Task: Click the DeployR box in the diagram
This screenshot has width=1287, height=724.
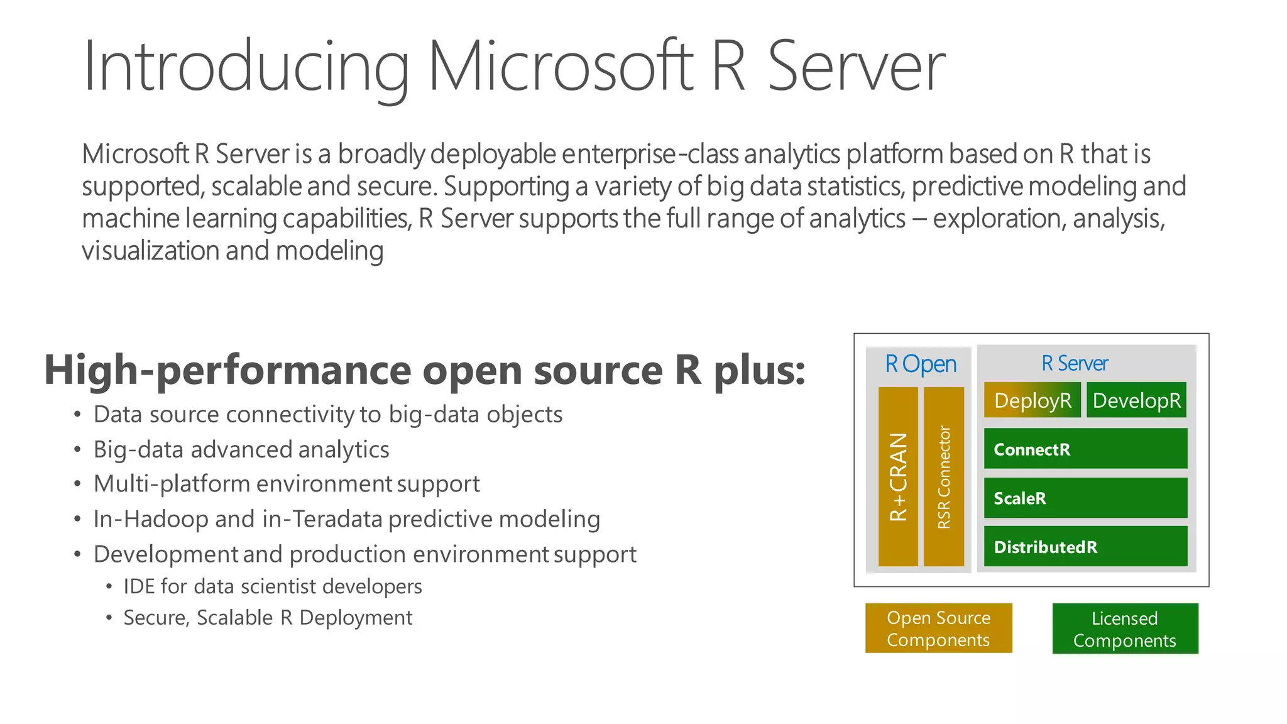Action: click(1032, 400)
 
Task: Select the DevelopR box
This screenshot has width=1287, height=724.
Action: click(1136, 400)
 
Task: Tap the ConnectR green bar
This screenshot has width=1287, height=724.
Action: click(1085, 449)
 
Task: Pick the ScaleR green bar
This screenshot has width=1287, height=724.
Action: click(1085, 498)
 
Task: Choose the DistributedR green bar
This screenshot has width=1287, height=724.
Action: click(1085, 546)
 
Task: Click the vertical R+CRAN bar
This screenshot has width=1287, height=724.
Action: click(898, 476)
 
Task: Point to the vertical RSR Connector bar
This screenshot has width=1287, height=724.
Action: click(943, 476)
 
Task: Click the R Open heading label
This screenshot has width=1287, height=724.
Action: click(920, 364)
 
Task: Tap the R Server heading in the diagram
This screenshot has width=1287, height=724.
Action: click(1075, 363)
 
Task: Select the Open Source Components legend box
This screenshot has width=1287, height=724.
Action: click(938, 628)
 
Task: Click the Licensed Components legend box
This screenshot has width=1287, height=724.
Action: click(1125, 629)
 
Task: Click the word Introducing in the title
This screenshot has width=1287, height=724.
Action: click(245, 67)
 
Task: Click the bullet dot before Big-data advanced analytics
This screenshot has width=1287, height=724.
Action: click(77, 449)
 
